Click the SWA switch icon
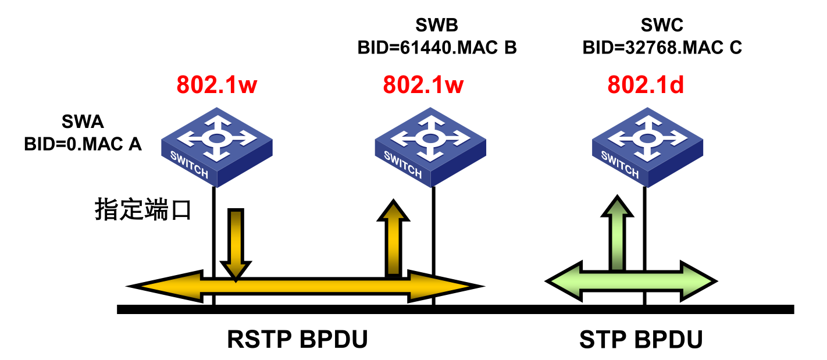pyautogui.click(x=216, y=146)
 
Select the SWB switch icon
pyautogui.click(x=430, y=147)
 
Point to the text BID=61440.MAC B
pyautogui.click(x=437, y=47)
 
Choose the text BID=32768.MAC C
pyautogui.click(x=662, y=47)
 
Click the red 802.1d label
pyautogui.click(x=646, y=85)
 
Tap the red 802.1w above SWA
pyautogui.click(x=217, y=85)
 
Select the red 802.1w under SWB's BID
pyautogui.click(x=423, y=85)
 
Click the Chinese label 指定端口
pyautogui.click(x=142, y=210)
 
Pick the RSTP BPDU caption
pyautogui.click(x=298, y=340)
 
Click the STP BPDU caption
pyautogui.click(x=641, y=340)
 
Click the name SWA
pyautogui.click(x=83, y=122)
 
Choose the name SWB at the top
pyautogui.click(x=437, y=25)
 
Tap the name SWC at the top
pyautogui.click(x=662, y=25)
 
